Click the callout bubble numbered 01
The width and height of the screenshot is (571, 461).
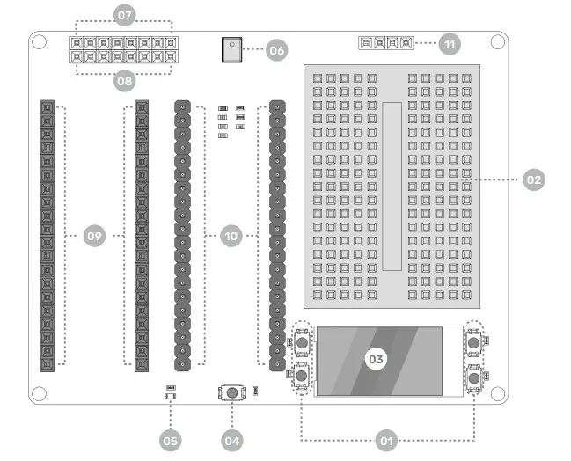384,439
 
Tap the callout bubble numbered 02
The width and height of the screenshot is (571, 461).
533,179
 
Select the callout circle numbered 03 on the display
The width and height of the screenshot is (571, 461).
376,359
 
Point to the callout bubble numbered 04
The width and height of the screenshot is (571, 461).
231,439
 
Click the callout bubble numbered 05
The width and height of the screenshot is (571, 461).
171,439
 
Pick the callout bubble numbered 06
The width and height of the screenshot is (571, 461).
277,50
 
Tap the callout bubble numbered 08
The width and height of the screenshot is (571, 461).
124,82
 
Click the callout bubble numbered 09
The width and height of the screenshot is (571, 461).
95,236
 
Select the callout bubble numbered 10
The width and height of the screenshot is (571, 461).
231,236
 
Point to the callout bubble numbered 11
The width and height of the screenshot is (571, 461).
450,42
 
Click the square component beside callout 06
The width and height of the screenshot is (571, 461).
231,50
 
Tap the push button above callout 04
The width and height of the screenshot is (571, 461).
232,392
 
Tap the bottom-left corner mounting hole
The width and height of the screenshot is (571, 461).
40,393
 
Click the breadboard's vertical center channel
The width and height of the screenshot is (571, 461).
392,185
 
